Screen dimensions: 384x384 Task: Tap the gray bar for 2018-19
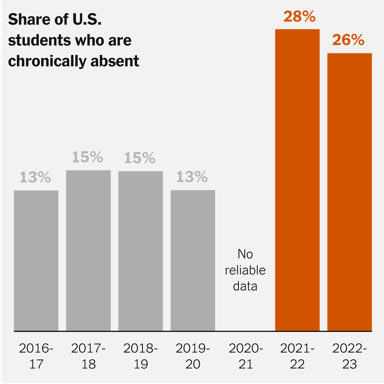pos(141,251)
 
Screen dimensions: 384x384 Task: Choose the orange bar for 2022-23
pos(349,192)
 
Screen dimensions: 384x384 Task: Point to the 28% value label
pos(300,17)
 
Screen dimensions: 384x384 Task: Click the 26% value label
pos(348,40)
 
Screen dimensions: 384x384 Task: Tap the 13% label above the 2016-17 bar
pos(35,177)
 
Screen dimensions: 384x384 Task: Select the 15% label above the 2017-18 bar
pos(88,157)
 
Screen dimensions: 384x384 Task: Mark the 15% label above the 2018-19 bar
pos(140,158)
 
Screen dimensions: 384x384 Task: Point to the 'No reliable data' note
pos(245,270)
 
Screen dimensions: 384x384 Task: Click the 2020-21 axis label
pos(245,356)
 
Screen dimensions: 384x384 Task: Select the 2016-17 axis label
pos(36,356)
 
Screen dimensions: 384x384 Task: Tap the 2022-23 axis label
pos(349,356)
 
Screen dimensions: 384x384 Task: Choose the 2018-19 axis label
pos(141,356)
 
